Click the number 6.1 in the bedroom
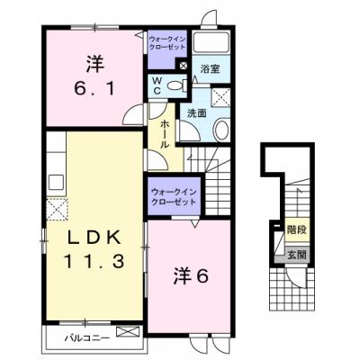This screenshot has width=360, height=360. [93, 90]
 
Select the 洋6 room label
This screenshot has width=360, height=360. [190, 276]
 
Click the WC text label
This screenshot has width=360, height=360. [157, 85]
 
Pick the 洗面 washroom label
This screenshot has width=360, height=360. [197, 114]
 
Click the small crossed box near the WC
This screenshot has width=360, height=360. [184, 65]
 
